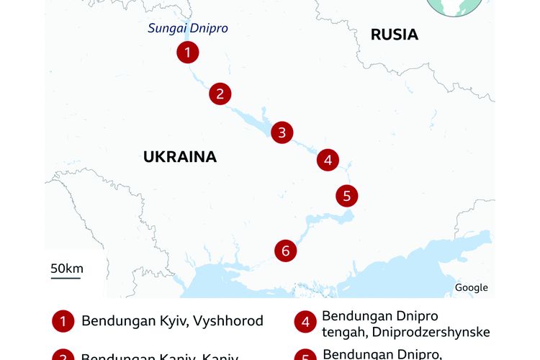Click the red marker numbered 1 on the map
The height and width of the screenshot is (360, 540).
pos(187,52)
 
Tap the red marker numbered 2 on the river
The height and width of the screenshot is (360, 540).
pos(220,93)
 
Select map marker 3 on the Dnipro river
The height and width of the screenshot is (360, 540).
pos(282,132)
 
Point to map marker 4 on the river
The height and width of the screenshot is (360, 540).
pos(328,160)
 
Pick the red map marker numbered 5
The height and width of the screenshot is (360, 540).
pos(346,195)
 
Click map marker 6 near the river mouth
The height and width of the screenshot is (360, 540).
pos(286,251)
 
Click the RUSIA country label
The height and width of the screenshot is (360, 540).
pos(394,35)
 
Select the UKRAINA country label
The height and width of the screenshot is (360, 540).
pos(179,157)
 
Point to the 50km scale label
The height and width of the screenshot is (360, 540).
pos(66,269)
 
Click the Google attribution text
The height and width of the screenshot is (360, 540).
pos(471,287)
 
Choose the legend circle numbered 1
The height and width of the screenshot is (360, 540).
pos(63,321)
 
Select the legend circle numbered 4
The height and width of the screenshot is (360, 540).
pos(305,323)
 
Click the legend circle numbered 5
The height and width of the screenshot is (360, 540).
pos(305,355)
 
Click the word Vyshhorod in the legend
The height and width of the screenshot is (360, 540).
pos(228,321)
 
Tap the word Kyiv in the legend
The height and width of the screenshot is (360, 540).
pos(174,321)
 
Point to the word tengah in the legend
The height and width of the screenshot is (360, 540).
pos(343,332)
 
